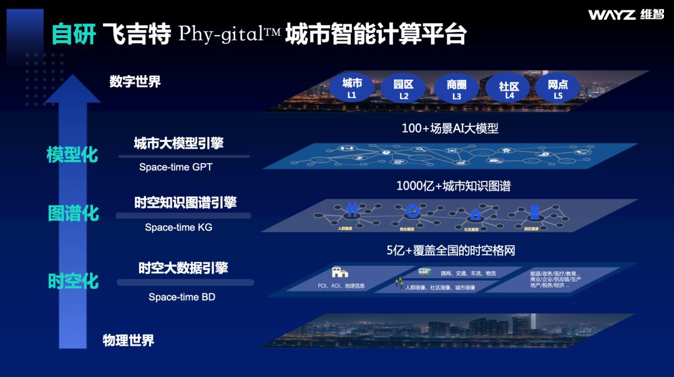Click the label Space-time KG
pyautogui.click(x=178, y=228)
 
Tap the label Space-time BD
pyautogui.click(x=182, y=297)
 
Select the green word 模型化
pyautogui.click(x=72, y=154)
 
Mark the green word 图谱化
pyautogui.click(x=73, y=213)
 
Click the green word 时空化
pyautogui.click(x=73, y=281)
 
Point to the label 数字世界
pyautogui.click(x=135, y=81)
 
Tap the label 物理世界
pyautogui.click(x=128, y=341)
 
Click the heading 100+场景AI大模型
pyautogui.click(x=449, y=129)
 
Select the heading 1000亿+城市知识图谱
pyautogui.click(x=454, y=186)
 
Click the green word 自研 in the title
pyautogui.click(x=74, y=34)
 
